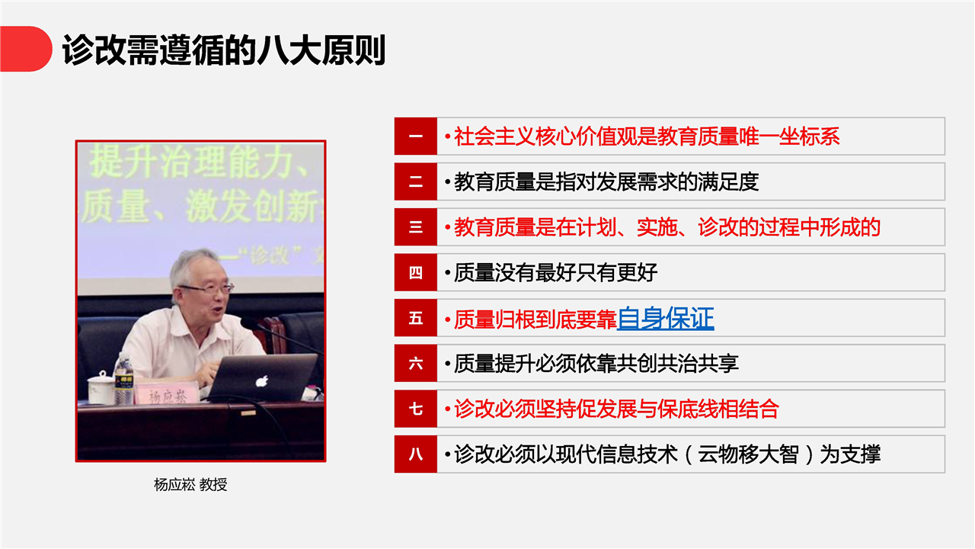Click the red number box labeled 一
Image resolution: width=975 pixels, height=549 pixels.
pyautogui.click(x=416, y=136)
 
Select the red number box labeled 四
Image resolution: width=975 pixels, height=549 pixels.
pyautogui.click(x=416, y=272)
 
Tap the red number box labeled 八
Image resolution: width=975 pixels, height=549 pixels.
pyautogui.click(x=416, y=454)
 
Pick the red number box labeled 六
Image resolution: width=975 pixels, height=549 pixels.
pyautogui.click(x=416, y=363)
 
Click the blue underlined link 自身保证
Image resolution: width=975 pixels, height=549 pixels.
pyautogui.click(x=666, y=318)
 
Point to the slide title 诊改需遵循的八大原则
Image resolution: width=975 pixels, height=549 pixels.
pyautogui.click(x=224, y=50)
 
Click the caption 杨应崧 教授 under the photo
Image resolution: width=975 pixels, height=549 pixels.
pyautogui.click(x=190, y=484)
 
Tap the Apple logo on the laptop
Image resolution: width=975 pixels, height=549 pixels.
pyautogui.click(x=261, y=381)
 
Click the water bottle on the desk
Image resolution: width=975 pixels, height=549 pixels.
pyautogui.click(x=124, y=379)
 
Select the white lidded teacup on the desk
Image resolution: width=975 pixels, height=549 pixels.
pyautogui.click(x=101, y=388)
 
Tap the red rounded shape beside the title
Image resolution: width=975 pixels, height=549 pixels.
pyautogui.click(x=26, y=49)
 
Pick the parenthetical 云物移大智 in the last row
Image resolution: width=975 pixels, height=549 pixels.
pyautogui.click(x=748, y=454)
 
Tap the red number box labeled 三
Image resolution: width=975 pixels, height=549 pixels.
pyautogui.click(x=416, y=226)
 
